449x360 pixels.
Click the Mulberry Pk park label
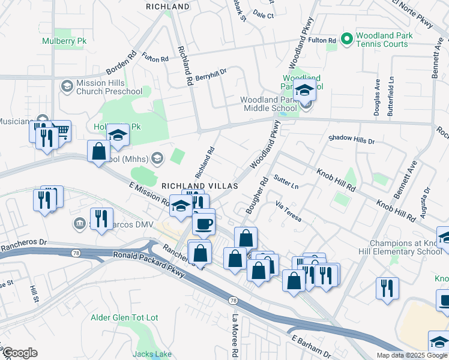pyautogui.click(x=65, y=41)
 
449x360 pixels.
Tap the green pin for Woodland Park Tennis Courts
pyautogui.click(x=346, y=40)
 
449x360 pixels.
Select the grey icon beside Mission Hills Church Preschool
pyautogui.click(x=67, y=87)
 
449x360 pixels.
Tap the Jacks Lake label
pyautogui.click(x=152, y=354)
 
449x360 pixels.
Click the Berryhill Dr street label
pyautogui.click(x=210, y=73)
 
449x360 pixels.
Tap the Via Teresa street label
pyautogui.click(x=288, y=212)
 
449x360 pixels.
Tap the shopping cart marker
pyautogui.click(x=61, y=130)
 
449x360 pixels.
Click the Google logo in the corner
pyautogui.click(x=19, y=353)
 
